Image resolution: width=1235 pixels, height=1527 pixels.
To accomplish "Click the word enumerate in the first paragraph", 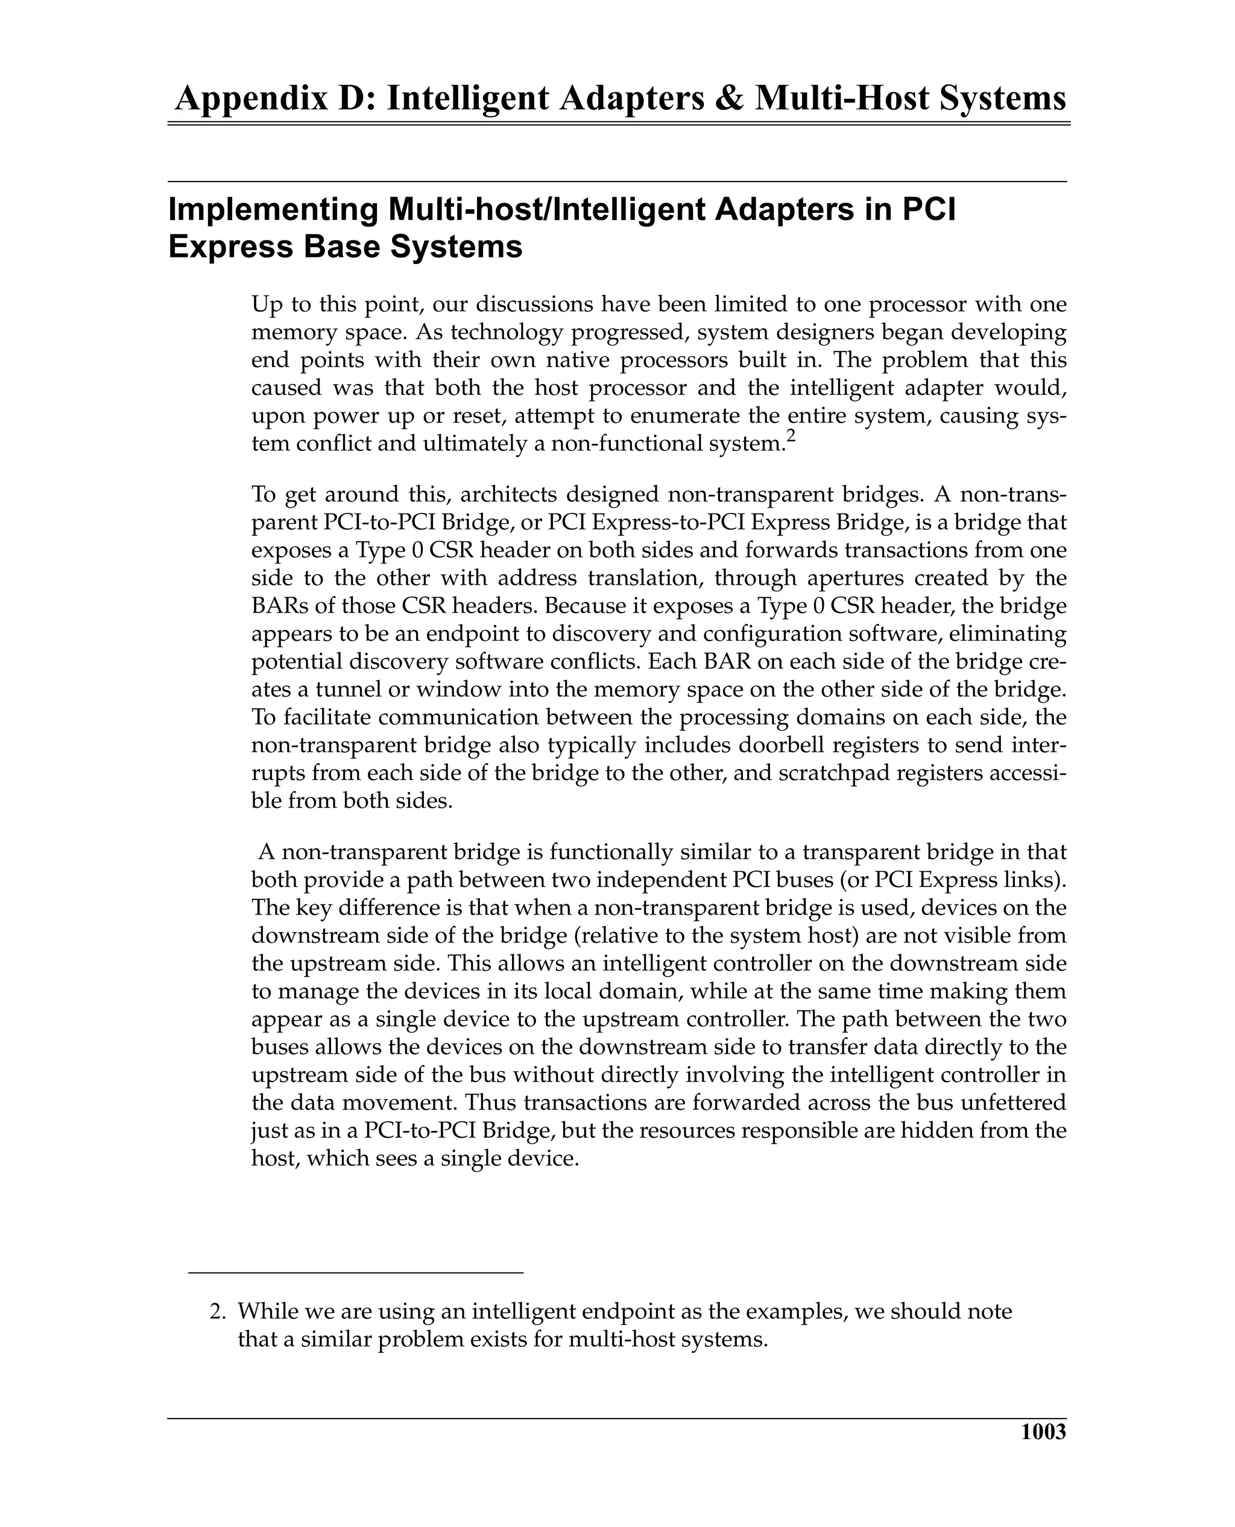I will click(721, 415).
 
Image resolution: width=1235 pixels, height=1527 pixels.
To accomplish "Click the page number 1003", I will click(1043, 1432).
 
